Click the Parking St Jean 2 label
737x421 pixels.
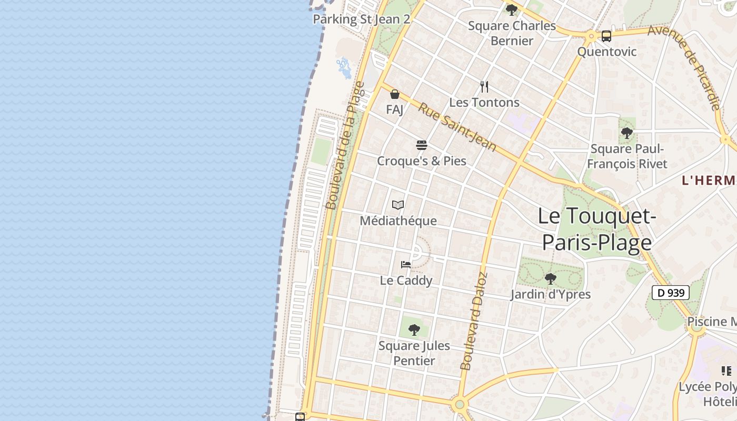coord(361,19)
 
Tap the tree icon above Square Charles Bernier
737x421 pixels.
coord(511,9)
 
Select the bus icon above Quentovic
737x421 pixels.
coord(606,36)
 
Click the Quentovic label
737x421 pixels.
coord(607,52)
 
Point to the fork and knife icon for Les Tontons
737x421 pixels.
coord(484,87)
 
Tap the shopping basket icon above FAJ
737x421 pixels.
coord(395,95)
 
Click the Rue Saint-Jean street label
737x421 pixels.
coord(457,126)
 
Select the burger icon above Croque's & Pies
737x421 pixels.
coord(421,145)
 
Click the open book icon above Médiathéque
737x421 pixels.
coord(398,205)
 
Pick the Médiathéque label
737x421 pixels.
coord(398,220)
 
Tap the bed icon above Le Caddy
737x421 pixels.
coord(406,265)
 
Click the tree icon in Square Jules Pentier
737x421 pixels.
coord(414,330)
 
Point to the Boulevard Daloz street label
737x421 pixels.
coord(474,321)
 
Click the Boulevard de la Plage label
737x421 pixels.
coord(345,145)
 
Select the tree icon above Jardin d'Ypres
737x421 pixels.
coord(551,278)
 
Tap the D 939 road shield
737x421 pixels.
coord(671,293)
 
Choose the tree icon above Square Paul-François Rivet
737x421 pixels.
coord(626,133)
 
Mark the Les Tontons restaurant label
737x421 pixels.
coord(484,102)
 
